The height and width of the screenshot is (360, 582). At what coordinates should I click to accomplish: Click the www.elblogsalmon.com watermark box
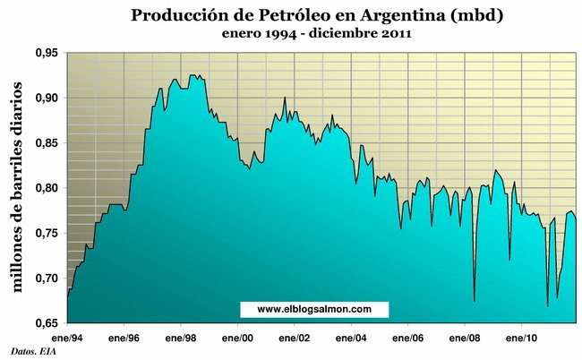click(314, 309)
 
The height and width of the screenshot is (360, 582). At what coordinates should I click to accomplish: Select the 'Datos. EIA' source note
click(29, 350)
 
